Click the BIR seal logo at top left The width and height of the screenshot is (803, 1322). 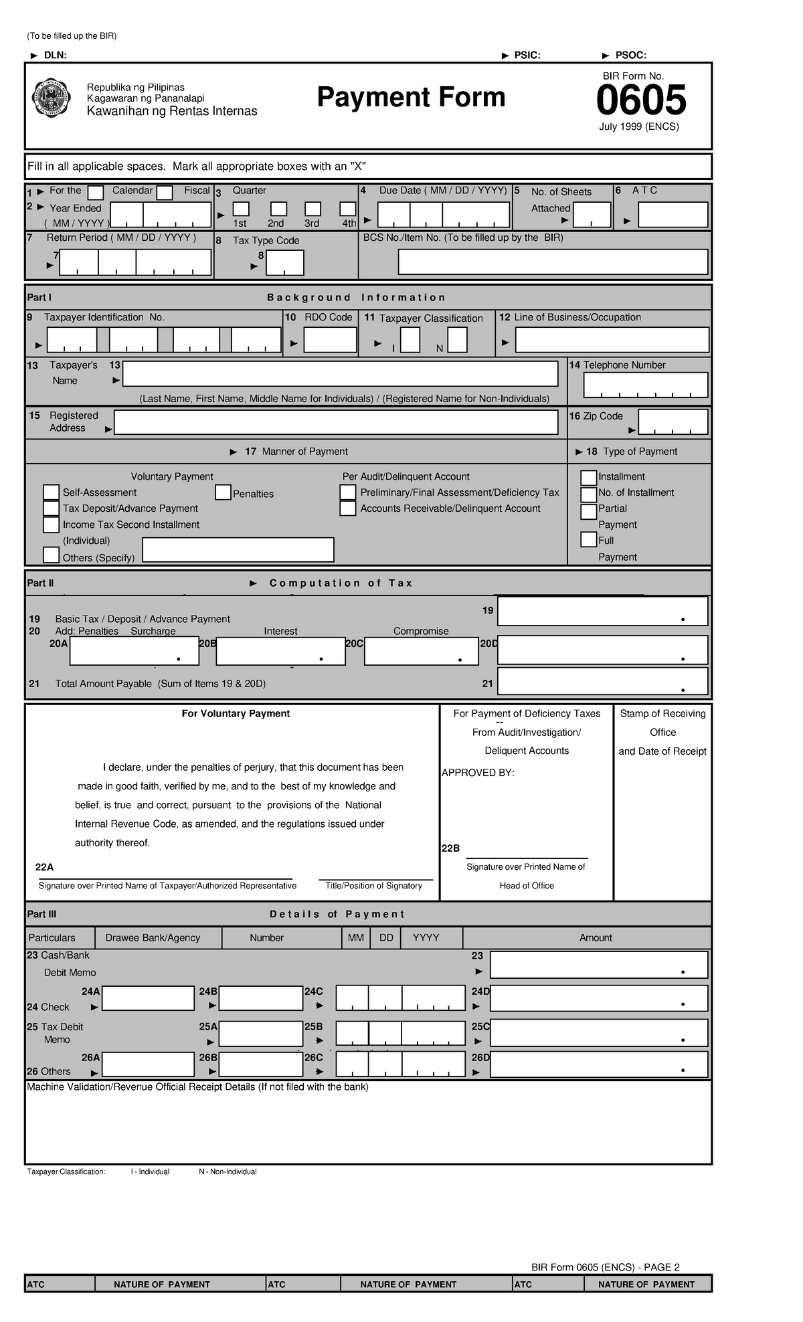click(x=52, y=98)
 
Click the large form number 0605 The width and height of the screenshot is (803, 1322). click(x=640, y=100)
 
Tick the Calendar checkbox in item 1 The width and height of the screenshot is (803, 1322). click(x=96, y=193)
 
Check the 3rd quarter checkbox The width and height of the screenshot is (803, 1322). click(x=313, y=209)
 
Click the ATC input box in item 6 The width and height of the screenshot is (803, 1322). click(x=673, y=215)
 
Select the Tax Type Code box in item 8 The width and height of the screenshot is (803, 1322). click(x=284, y=263)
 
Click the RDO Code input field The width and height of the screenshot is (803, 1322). click(x=330, y=340)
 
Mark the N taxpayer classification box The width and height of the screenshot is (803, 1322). click(x=457, y=340)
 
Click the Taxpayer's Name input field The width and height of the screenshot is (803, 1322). click(x=340, y=374)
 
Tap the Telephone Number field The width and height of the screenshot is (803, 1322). click(x=645, y=385)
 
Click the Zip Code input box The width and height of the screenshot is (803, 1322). click(x=673, y=422)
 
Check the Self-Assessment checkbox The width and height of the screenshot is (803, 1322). click(x=51, y=492)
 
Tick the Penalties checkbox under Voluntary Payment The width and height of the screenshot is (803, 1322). click(x=223, y=493)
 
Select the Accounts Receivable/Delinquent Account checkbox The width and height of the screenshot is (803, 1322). click(x=347, y=508)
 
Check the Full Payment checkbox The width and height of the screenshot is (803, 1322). click(x=588, y=539)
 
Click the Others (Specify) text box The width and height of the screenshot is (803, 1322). click(x=238, y=550)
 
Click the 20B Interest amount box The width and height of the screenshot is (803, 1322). click(x=280, y=651)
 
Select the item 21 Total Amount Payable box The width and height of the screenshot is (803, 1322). click(x=602, y=682)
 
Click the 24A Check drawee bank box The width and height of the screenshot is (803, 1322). click(x=148, y=998)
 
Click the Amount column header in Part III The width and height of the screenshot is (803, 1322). click(x=596, y=937)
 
